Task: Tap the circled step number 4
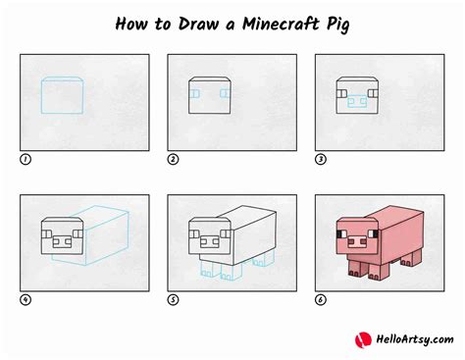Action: click(25, 299)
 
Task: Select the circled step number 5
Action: click(173, 299)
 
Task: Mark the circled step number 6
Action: click(320, 299)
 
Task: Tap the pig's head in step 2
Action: click(209, 95)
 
